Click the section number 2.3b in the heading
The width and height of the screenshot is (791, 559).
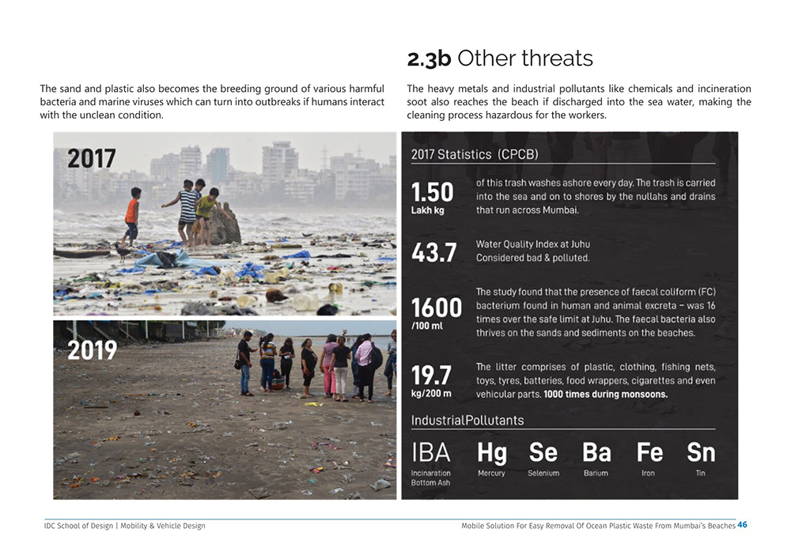[429, 59]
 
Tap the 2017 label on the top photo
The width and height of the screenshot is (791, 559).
[91, 158]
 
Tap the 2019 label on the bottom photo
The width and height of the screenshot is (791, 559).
[92, 349]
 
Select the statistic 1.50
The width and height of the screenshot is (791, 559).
[432, 191]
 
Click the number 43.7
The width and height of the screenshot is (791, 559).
[433, 252]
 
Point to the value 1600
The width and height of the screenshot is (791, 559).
[437, 308]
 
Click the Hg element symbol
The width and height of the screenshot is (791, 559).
[491, 452]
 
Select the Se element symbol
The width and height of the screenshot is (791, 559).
[543, 452]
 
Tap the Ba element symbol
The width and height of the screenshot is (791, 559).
[596, 452]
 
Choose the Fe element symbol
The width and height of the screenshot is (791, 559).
[649, 452]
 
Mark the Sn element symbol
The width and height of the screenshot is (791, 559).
[700, 452]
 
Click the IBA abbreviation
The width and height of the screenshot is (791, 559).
[431, 452]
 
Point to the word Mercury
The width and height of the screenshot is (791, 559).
[491, 473]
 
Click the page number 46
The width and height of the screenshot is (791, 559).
[742, 524]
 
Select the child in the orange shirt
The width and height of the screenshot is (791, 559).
[131, 215]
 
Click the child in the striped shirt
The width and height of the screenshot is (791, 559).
[187, 210]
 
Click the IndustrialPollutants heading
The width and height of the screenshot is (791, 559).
[467, 420]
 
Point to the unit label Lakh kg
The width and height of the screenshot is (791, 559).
[427, 210]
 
